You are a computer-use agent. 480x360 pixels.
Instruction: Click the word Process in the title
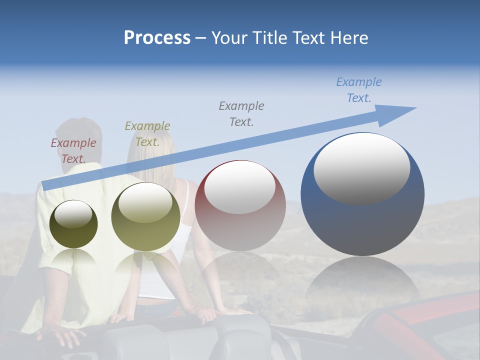(x=157, y=37)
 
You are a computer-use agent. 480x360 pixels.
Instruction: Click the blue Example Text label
(x=359, y=90)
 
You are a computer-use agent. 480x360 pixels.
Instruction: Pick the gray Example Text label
(x=241, y=113)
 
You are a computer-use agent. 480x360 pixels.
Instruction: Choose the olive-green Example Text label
(x=147, y=133)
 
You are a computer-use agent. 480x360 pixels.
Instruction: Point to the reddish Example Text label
(x=73, y=150)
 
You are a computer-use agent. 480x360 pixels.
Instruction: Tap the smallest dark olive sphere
(x=73, y=224)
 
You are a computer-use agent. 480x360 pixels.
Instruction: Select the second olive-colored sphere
(x=145, y=216)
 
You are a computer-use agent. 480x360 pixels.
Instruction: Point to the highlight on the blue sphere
(x=362, y=168)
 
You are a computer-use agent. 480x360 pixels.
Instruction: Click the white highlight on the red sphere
(x=240, y=186)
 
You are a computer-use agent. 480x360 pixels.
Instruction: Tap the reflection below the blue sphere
(x=363, y=280)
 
